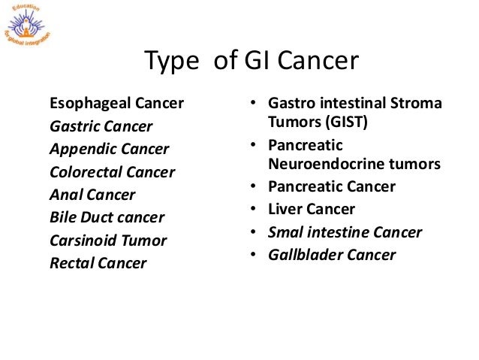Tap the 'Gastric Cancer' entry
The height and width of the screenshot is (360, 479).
(101, 126)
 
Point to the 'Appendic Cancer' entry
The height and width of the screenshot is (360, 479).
(109, 149)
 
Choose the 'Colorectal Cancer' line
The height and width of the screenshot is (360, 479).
(112, 172)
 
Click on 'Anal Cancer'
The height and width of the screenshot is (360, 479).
(92, 195)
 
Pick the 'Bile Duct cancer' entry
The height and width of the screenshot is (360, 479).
(106, 218)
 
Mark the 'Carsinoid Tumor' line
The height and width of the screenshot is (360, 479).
(108, 241)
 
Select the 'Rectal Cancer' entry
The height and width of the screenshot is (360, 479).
(98, 264)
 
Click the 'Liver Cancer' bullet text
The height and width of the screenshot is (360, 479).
(312, 209)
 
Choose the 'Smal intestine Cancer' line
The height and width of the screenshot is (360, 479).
(345, 232)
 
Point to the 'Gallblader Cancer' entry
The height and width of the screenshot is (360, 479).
(332, 255)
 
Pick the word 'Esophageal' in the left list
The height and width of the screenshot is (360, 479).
(82, 103)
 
